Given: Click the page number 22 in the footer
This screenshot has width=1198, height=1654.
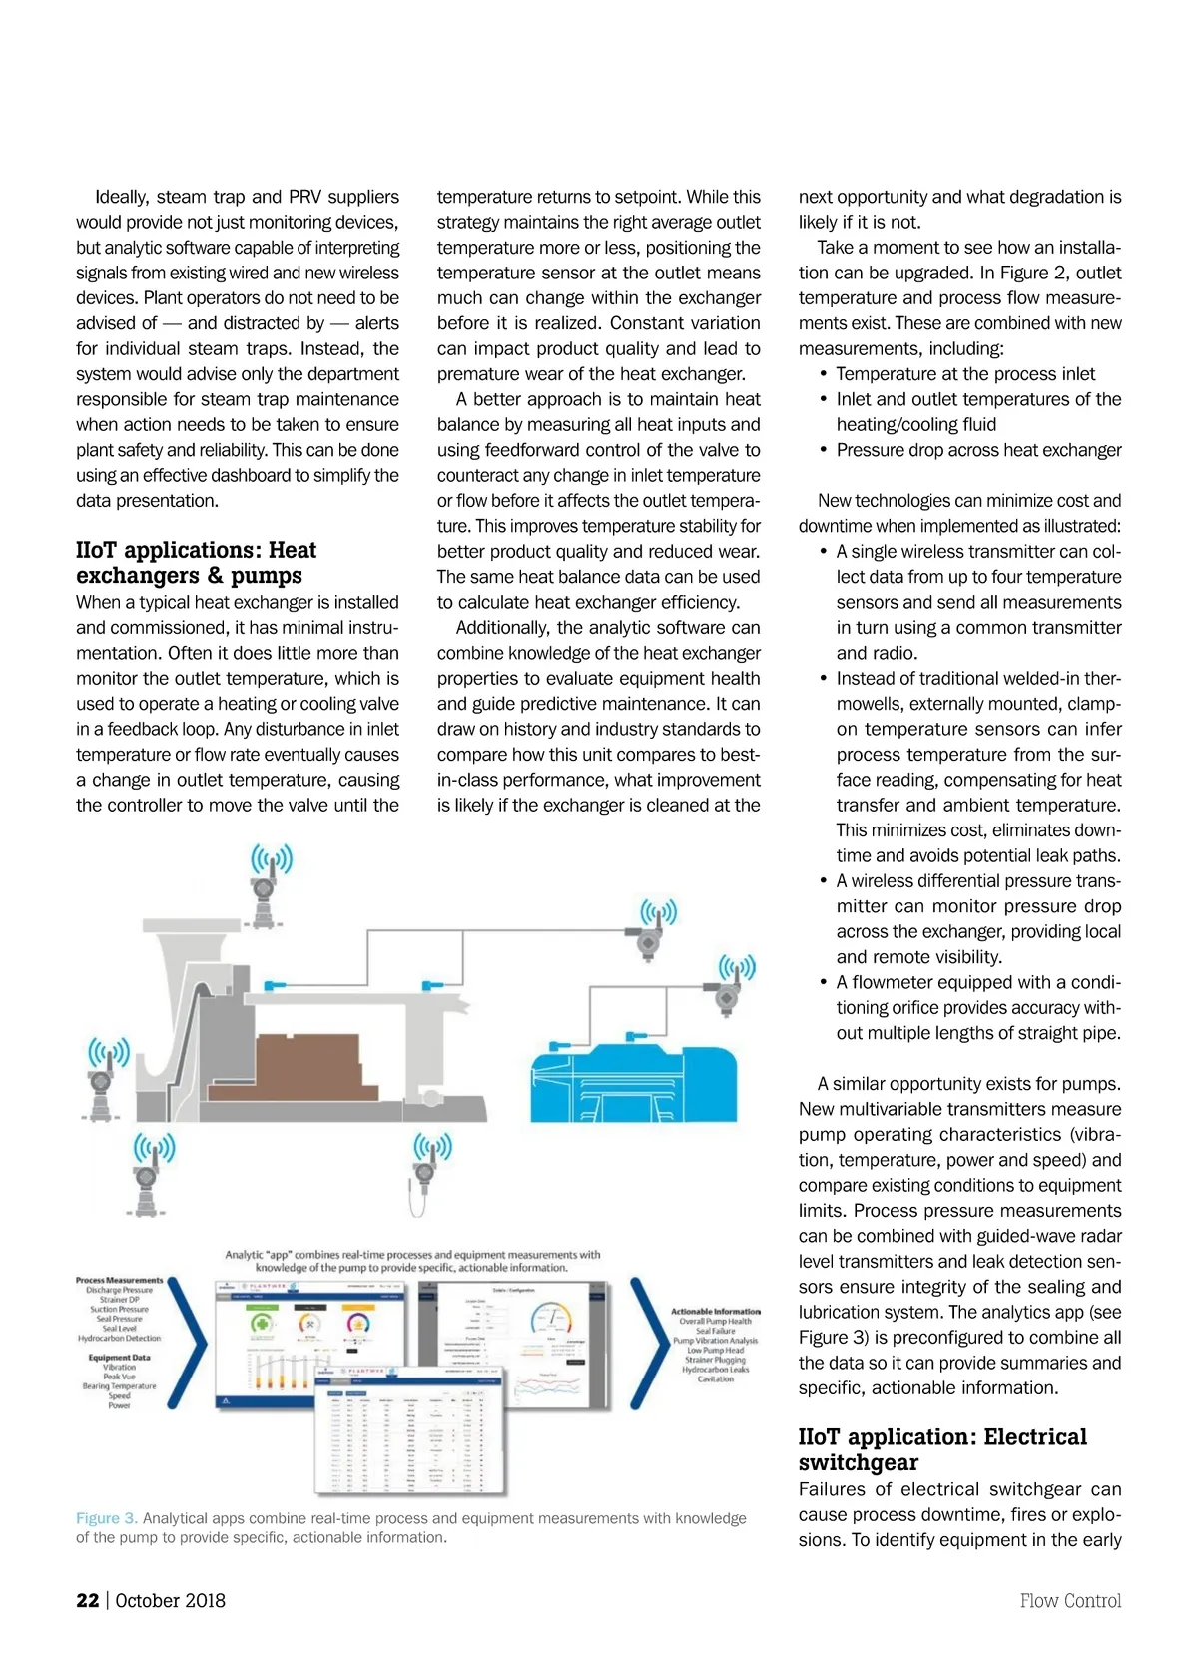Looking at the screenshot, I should point(88,1600).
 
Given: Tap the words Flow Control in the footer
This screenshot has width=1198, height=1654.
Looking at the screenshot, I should point(1070,1600).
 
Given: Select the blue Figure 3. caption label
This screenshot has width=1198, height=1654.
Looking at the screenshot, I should point(107,1518).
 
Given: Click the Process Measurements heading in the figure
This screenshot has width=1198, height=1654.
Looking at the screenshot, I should point(119,1280).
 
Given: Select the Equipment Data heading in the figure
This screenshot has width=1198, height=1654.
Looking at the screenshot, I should point(119,1358).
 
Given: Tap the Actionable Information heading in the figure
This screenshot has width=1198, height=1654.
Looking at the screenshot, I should point(715,1311).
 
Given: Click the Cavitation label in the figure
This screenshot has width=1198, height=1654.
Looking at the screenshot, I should point(715,1378).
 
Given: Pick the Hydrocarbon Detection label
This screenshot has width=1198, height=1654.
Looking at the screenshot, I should point(119,1338).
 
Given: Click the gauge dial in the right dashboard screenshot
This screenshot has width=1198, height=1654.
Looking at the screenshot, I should point(550,1319).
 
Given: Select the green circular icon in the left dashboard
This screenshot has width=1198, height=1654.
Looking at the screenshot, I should point(262,1324).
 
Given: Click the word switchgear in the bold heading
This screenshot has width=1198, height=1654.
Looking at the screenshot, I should point(858,1462).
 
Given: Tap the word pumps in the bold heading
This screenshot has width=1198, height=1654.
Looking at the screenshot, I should point(267,576).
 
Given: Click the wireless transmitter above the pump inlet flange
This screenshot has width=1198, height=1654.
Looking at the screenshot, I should point(270,878).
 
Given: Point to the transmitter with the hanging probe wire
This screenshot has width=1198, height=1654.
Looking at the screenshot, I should point(431,1173).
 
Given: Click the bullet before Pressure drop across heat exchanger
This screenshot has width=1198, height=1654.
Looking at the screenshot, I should point(824,450).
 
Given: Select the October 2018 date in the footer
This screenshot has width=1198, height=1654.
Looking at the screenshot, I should point(170,1600).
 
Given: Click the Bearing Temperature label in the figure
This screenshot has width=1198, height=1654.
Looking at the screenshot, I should point(119,1386).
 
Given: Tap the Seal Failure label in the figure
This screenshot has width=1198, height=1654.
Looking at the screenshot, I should point(715,1331).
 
